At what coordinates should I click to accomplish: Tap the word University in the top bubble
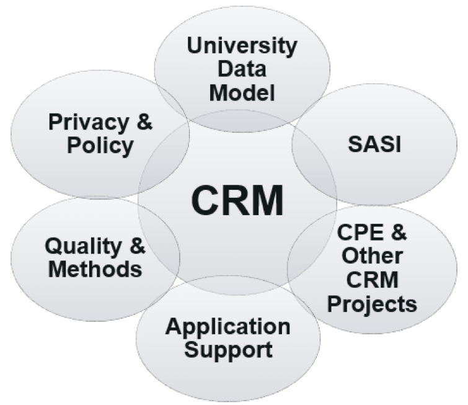click(242, 47)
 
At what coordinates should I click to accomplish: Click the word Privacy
click(83, 123)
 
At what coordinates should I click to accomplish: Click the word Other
click(373, 257)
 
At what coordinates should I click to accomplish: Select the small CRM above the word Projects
click(373, 280)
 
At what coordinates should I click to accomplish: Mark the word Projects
click(373, 304)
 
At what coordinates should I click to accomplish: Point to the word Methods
click(93, 270)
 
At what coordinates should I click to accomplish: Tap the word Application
click(227, 326)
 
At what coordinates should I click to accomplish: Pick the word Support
click(227, 349)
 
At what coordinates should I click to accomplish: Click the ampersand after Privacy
click(143, 123)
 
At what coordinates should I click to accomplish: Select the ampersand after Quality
click(137, 247)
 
